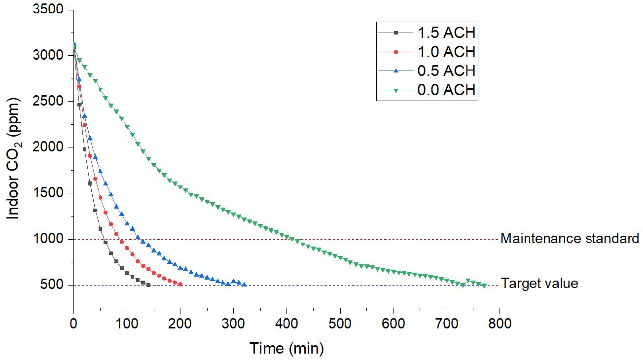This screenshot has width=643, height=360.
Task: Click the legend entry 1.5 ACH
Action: tap(446, 33)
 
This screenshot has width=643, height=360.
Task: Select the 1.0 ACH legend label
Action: tap(446, 52)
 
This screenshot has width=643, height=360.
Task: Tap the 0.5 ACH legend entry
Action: tap(446, 71)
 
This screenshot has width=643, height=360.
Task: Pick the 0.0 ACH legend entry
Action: tap(446, 89)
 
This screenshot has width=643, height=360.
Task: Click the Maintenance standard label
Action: tap(570, 239)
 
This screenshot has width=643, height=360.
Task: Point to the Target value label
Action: tap(539, 284)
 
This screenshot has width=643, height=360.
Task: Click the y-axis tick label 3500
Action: tap(50, 10)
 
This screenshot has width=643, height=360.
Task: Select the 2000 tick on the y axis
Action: tap(50, 147)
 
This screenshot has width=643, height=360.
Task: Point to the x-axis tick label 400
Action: tap(286, 324)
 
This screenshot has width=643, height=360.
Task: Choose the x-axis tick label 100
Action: tap(127, 324)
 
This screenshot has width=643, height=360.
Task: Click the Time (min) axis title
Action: tap(286, 349)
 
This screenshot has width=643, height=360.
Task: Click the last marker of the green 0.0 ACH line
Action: tap(484, 286)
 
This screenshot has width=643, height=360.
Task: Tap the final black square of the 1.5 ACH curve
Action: tap(148, 285)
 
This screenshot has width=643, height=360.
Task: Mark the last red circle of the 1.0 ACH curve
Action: tap(180, 285)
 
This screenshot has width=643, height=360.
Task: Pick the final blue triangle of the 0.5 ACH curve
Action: tap(245, 285)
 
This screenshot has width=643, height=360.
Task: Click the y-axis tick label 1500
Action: tap(50, 193)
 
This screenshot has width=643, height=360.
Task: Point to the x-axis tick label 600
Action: tap(393, 324)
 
